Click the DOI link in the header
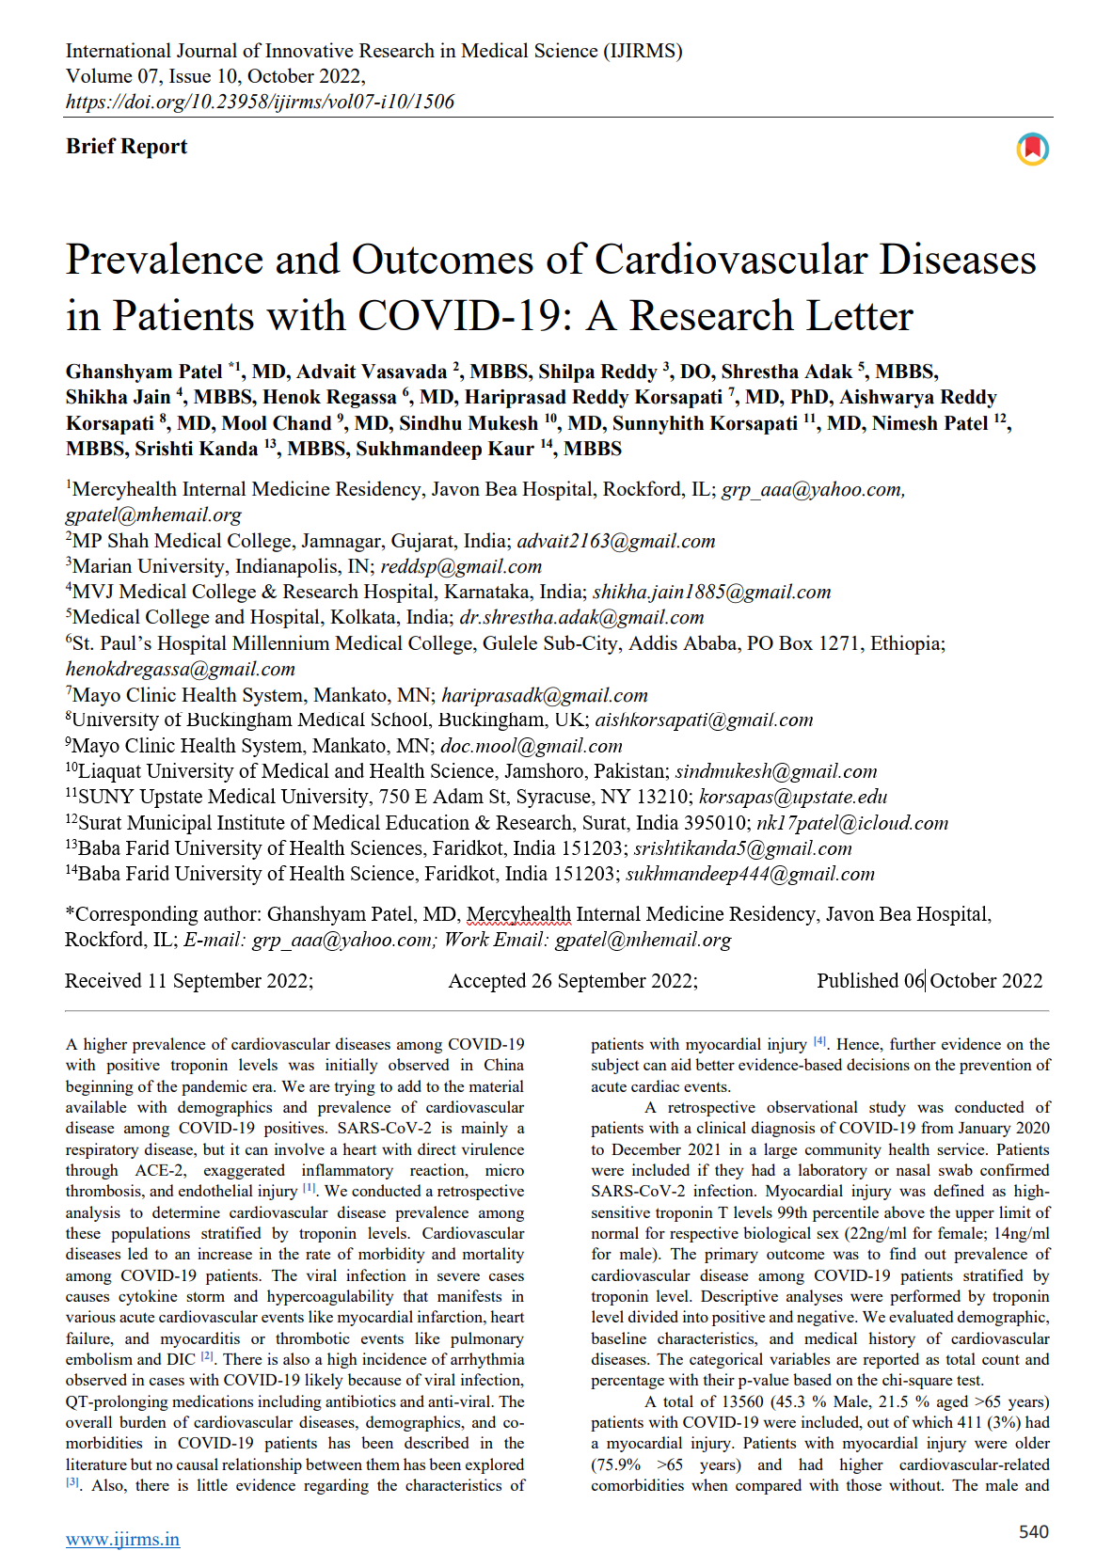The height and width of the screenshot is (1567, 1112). pos(260,102)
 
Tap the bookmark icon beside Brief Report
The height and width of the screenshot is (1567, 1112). pos(1032,149)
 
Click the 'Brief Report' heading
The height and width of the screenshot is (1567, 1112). pos(126,147)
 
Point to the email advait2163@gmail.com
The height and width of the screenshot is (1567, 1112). pos(616,541)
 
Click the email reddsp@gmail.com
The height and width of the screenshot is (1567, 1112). pos(461,566)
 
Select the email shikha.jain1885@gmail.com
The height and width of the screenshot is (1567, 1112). pos(711,592)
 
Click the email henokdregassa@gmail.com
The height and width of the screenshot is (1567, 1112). pos(181,669)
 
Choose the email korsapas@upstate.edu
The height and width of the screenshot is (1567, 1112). pos(792,797)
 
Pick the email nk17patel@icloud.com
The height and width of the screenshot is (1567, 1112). pos(852,823)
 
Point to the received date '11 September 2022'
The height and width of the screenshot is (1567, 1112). pos(229,981)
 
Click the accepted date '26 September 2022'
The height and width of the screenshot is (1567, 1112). pos(613,981)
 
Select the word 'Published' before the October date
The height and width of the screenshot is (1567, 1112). pos(857,981)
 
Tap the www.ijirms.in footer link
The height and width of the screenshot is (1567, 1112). pos(122,1540)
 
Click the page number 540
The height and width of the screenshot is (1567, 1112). pos(1033,1532)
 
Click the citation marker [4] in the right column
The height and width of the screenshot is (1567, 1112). pos(819,1041)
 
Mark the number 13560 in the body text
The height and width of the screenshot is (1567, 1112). pos(742,1401)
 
